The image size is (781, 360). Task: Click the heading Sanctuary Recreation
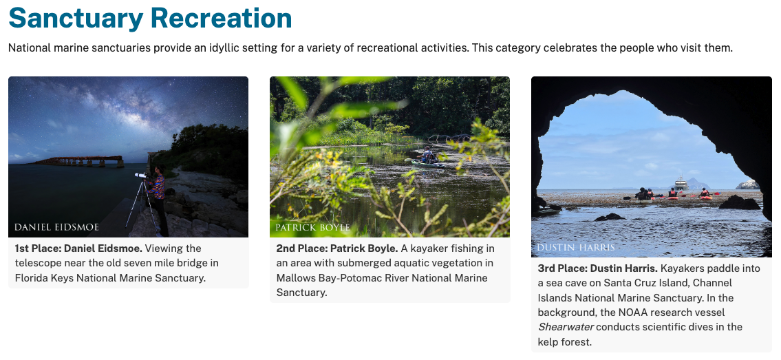[x=150, y=18]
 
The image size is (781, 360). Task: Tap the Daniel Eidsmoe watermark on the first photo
[x=56, y=227]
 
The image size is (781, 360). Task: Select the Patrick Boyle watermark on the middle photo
[x=312, y=227]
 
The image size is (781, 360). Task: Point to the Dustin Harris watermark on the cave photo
[x=575, y=247]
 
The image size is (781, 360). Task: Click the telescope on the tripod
[x=140, y=176]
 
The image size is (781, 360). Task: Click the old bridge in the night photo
[x=79, y=161]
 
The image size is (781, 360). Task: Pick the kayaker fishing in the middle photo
[x=427, y=158]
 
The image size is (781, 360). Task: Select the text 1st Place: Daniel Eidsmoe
[x=78, y=248]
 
